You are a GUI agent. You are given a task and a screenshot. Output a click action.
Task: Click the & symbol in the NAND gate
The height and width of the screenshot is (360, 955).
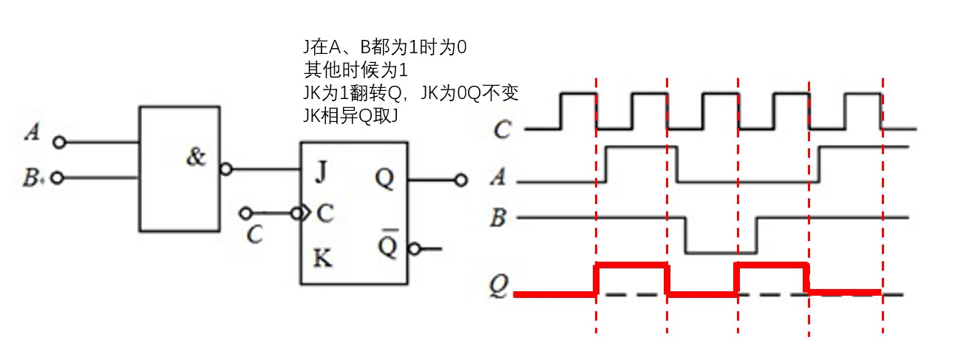click(x=196, y=157)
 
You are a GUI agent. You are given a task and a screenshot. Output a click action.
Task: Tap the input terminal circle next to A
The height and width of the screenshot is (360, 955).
click(x=59, y=142)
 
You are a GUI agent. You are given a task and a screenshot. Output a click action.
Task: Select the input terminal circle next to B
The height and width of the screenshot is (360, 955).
click(x=59, y=178)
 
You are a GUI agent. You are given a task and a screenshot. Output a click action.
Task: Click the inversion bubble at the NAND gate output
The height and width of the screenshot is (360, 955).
click(x=225, y=170)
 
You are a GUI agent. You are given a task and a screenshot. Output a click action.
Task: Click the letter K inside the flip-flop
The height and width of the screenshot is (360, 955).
click(x=322, y=258)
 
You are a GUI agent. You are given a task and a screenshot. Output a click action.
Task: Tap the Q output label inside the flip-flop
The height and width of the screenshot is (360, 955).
click(x=384, y=177)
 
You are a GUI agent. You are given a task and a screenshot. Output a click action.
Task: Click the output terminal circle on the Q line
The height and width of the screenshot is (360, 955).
click(x=461, y=180)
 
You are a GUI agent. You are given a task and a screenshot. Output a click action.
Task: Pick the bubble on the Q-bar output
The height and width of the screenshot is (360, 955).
click(x=415, y=249)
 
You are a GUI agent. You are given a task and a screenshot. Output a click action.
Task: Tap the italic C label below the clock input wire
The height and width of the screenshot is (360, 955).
click(x=255, y=235)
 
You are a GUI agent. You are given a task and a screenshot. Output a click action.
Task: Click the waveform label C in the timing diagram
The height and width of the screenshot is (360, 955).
click(x=502, y=132)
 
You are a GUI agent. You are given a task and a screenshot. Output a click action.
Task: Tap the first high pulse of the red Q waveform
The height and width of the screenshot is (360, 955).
click(x=631, y=266)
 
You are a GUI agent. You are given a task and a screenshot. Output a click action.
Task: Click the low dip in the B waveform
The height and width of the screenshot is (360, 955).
click(x=721, y=252)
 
